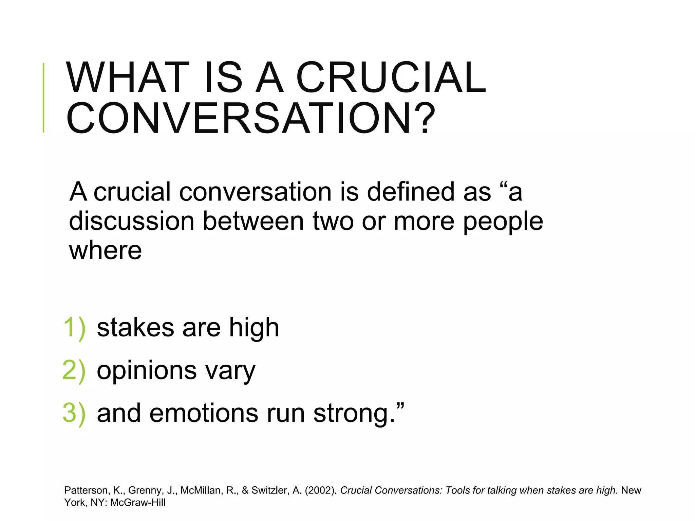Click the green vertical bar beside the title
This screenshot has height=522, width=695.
[43, 98]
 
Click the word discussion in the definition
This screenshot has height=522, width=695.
[132, 221]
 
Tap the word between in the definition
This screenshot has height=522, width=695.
[253, 221]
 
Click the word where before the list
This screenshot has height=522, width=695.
[106, 250]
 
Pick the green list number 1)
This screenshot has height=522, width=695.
[74, 328]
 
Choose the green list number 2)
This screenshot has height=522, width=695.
[74, 370]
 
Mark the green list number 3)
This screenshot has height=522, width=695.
[74, 413]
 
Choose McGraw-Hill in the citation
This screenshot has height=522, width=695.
[138, 503]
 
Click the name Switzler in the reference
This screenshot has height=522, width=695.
[269, 490]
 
